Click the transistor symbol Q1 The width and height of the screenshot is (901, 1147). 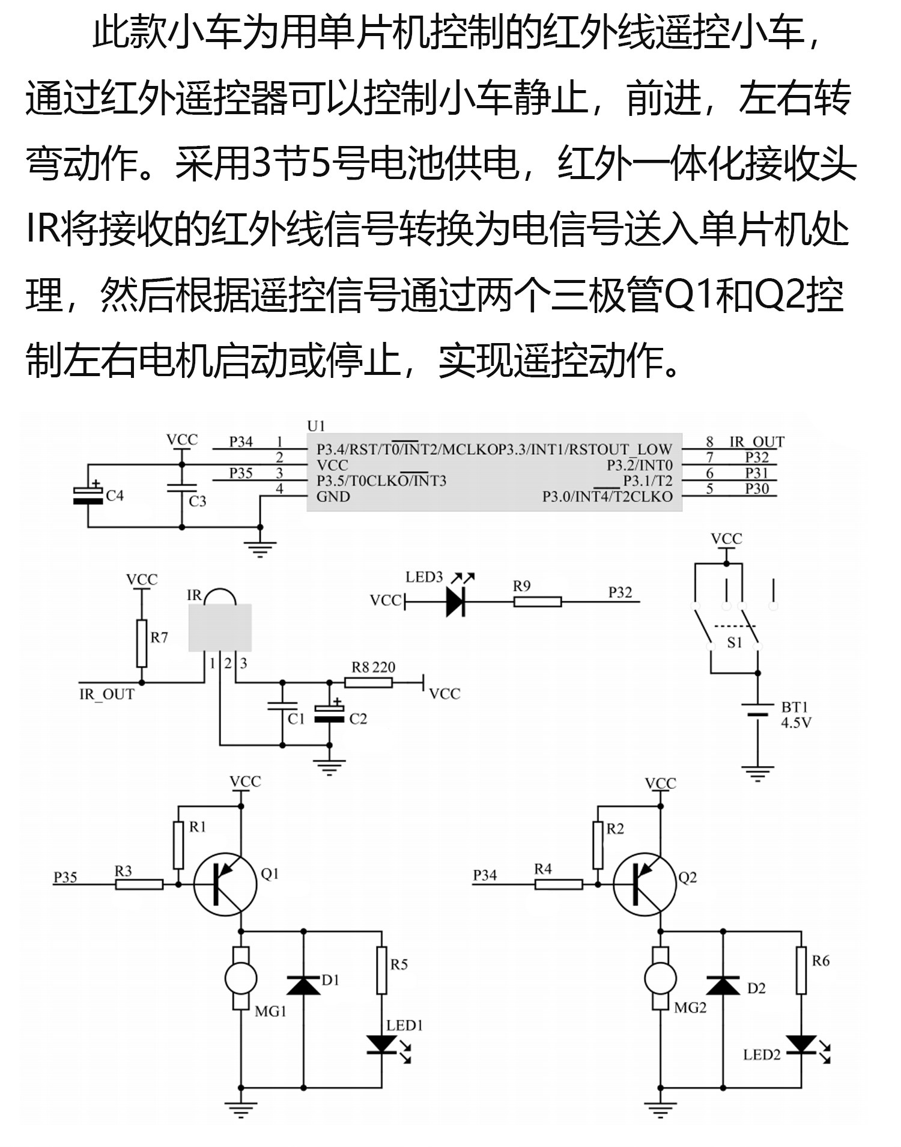225,884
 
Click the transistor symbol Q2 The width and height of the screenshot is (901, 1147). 645,886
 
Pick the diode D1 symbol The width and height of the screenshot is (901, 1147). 303,985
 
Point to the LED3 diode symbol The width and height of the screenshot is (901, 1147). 455,601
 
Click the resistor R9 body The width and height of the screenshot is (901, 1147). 538,601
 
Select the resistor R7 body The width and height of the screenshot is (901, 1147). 142,643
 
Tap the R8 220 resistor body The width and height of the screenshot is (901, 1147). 368,682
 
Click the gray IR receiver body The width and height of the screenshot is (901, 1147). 220,628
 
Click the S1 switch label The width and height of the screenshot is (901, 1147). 735,643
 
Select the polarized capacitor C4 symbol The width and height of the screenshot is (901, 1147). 88,495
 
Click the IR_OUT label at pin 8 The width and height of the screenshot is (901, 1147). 756,442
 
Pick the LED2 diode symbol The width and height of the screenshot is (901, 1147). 801,1044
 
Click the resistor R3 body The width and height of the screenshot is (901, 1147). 139,884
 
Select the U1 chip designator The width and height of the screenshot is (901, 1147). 316,426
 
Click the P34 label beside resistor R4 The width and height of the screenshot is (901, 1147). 485,875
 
